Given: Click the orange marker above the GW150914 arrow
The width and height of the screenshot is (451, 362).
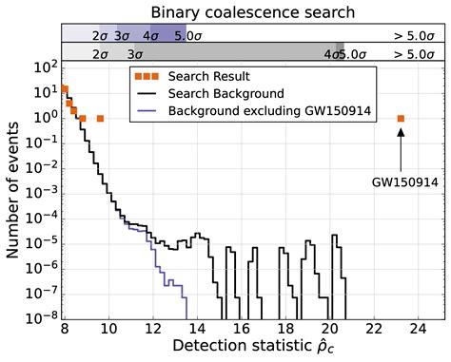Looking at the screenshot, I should (x=401, y=119).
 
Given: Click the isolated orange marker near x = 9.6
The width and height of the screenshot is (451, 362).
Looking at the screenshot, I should (x=100, y=119).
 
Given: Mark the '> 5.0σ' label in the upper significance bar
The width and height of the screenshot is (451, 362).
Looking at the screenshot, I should (x=416, y=34).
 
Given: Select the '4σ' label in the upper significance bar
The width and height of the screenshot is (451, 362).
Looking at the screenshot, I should (x=149, y=34).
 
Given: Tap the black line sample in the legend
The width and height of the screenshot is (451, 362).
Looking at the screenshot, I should (x=145, y=93).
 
